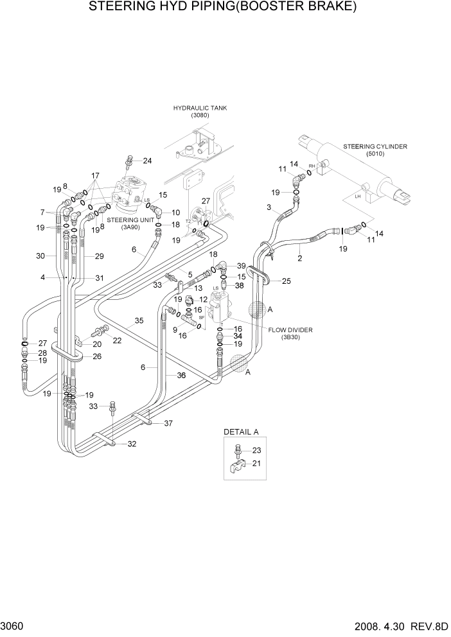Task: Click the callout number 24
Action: [x=147, y=161]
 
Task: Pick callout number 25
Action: [x=287, y=281]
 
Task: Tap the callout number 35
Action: [x=138, y=320]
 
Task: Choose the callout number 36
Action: [x=181, y=376]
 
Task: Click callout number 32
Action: [x=132, y=444]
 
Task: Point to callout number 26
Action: [x=97, y=356]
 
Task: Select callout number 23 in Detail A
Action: [x=257, y=450]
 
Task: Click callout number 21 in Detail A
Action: [x=257, y=463]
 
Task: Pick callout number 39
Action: [x=241, y=266]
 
